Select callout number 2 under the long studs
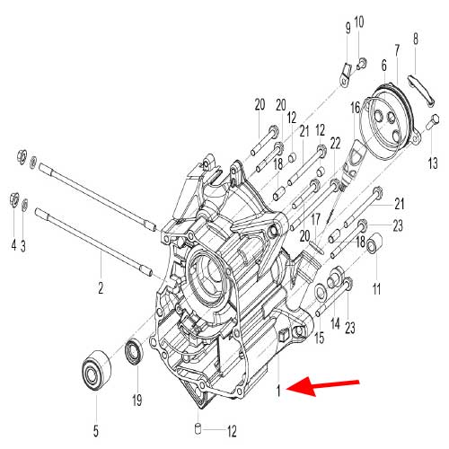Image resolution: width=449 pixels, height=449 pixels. (x=101, y=288)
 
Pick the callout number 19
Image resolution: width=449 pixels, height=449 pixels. (x=136, y=399)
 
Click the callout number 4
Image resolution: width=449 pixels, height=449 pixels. (x=13, y=244)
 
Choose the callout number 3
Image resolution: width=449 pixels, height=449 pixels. (x=24, y=244)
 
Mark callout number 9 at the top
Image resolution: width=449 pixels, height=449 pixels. (x=348, y=28)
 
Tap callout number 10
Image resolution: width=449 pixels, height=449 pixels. (x=359, y=21)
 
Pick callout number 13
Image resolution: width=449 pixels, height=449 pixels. (x=433, y=163)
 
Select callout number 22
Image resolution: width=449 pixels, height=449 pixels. (x=335, y=143)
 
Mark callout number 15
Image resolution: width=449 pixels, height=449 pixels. (x=318, y=338)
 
